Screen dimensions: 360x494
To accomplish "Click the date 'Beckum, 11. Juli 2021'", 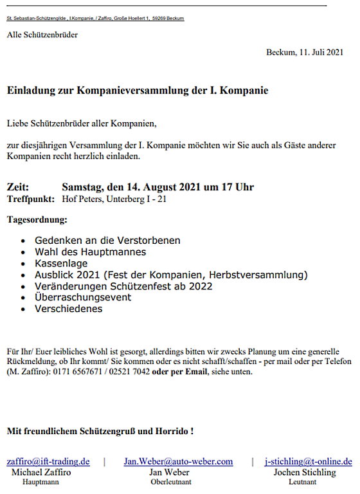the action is [x=305, y=52].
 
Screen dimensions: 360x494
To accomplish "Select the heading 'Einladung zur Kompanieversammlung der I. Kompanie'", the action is [x=138, y=91].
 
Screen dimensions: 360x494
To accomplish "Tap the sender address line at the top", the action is [x=95, y=19].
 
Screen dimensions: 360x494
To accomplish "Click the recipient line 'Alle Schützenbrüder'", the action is [x=42, y=35].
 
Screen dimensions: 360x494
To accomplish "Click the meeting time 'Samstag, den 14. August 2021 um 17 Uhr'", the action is [x=157, y=187].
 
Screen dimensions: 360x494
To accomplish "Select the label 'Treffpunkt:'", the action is [x=30, y=199].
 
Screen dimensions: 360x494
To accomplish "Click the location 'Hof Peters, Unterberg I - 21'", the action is [x=114, y=199].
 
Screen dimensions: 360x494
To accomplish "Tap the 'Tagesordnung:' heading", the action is [x=37, y=220].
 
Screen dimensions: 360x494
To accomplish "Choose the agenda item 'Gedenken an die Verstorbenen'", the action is [x=107, y=241].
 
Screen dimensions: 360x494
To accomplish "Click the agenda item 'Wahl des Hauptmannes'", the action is [x=91, y=252].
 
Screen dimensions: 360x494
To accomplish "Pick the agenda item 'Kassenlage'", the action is [x=61, y=264].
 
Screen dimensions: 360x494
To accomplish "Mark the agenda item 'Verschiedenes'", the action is [x=69, y=309].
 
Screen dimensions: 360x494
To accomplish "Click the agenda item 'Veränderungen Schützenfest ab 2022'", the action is [x=123, y=286].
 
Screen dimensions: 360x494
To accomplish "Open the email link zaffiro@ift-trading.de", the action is [x=48, y=461].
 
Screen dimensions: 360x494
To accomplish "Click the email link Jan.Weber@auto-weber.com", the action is [x=178, y=461].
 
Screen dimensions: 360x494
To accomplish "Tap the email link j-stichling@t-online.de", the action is [x=309, y=461].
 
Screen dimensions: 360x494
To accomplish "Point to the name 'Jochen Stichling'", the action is [x=304, y=472].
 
